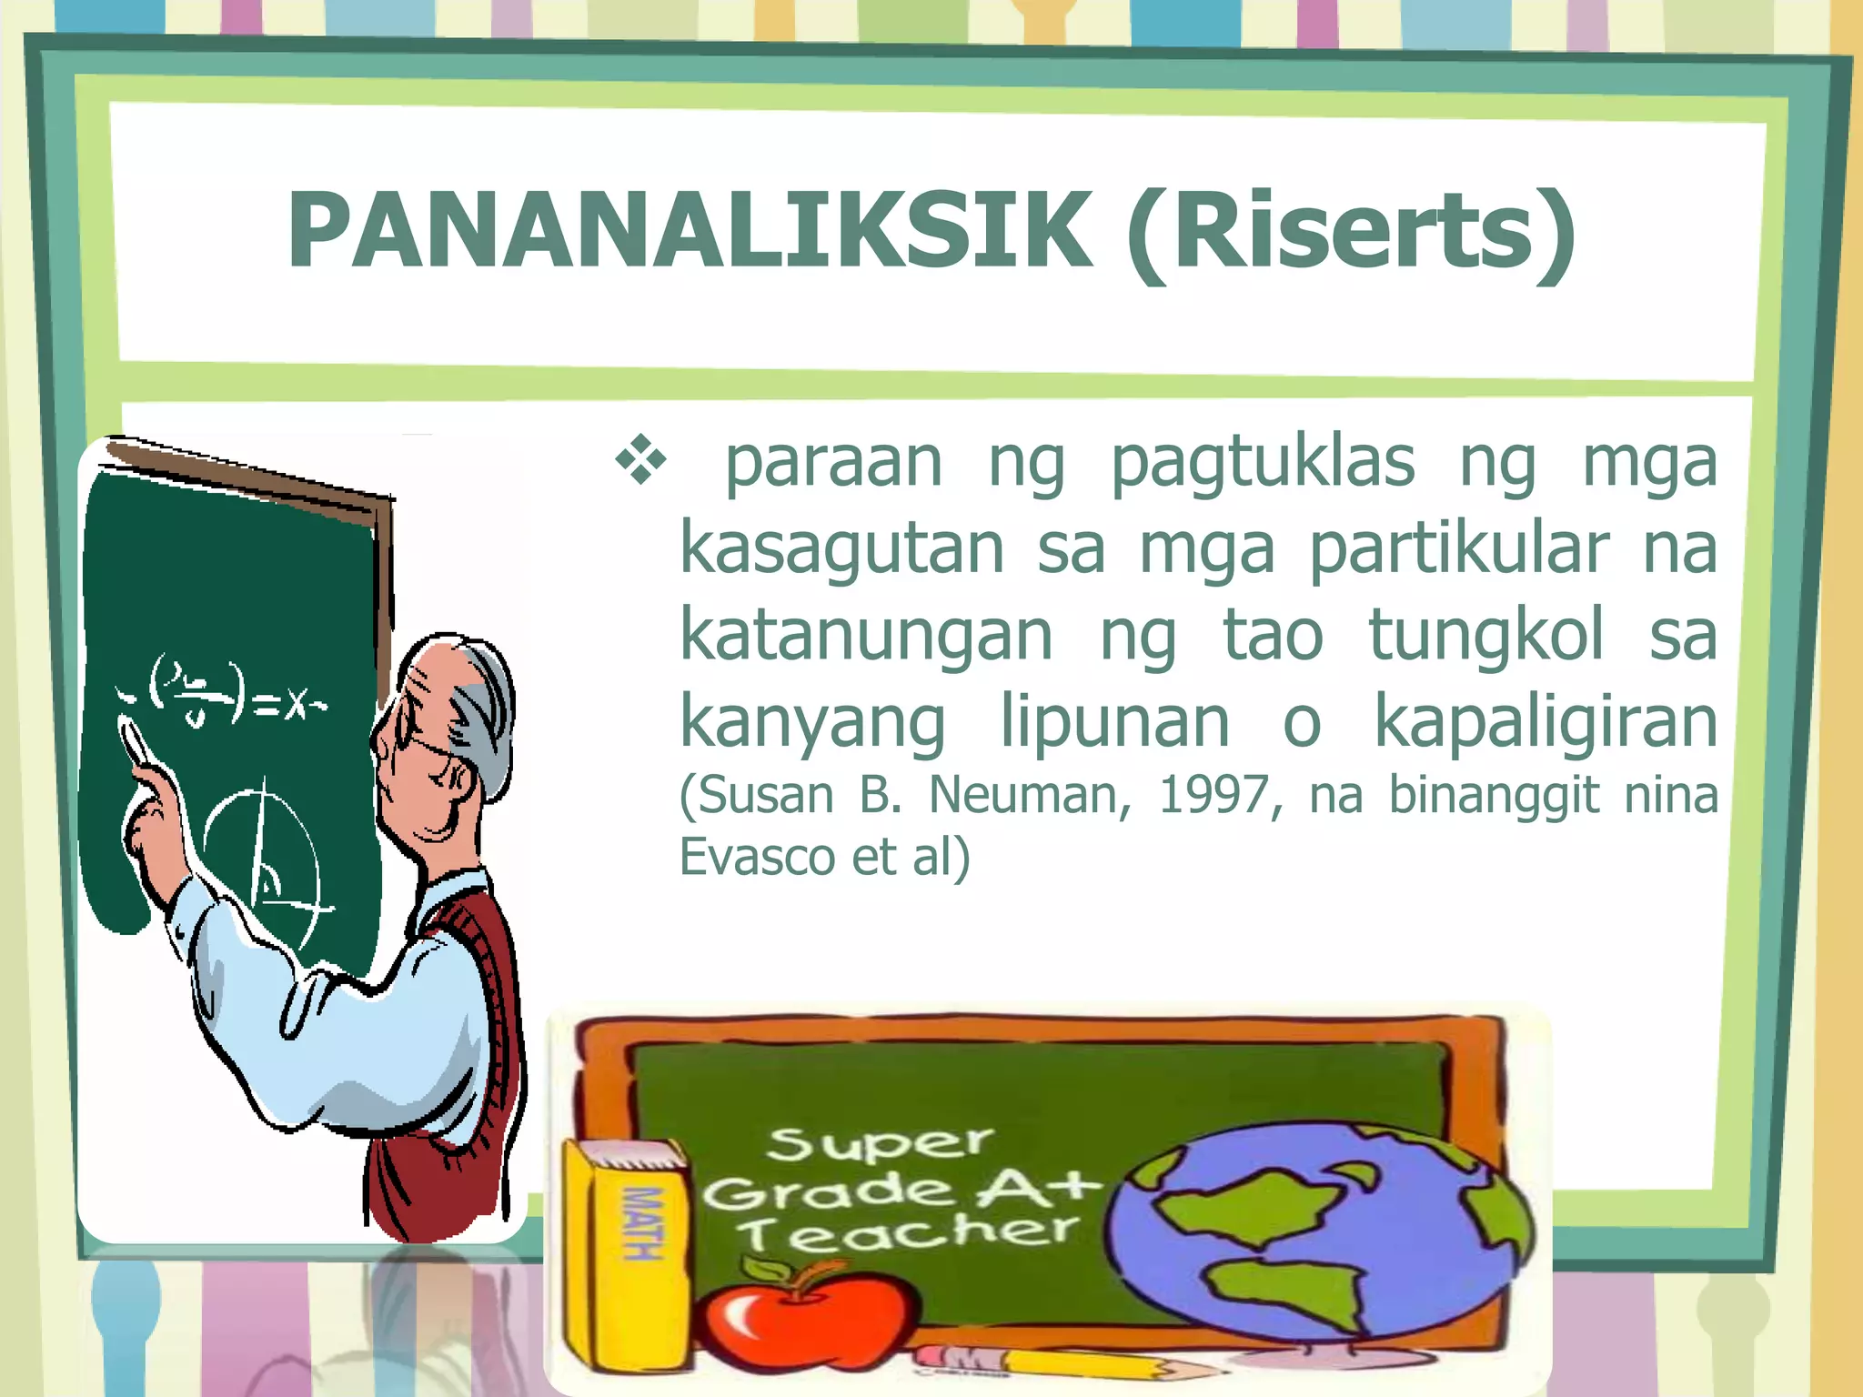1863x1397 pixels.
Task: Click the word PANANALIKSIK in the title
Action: tap(689, 232)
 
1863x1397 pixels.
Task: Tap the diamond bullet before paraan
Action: tap(641, 460)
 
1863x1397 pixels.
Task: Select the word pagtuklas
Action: tap(1263, 462)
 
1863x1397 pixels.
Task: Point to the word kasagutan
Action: tap(841, 548)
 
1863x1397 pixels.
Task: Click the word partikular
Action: tap(1458, 548)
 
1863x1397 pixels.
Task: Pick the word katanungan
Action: tap(866, 635)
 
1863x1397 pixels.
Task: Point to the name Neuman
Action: tap(1029, 795)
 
